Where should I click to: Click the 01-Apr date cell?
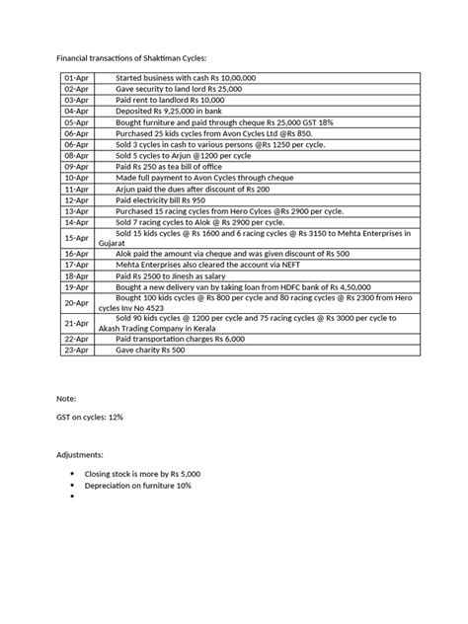coord(74,77)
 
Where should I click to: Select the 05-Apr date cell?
coord(74,120)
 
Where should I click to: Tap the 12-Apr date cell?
coord(74,199)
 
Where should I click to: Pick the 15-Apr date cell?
coord(74,238)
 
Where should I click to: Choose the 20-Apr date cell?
coord(74,301)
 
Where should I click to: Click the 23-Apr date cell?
coord(74,350)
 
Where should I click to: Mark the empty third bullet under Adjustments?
coord(73,497)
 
